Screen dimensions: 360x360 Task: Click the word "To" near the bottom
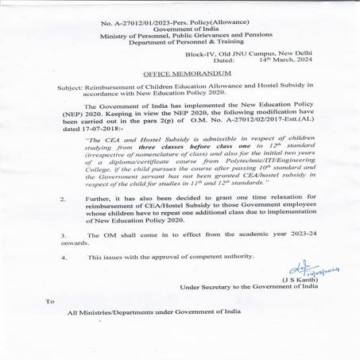tap(49, 301)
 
